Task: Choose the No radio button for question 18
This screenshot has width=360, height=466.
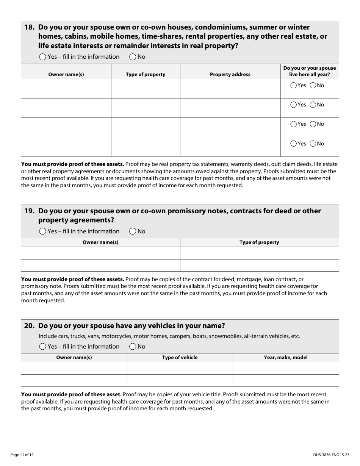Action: click(x=133, y=57)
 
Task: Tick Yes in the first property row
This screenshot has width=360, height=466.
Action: click(x=293, y=86)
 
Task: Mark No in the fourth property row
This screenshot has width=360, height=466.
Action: click(x=313, y=144)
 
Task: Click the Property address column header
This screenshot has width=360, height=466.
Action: click(x=230, y=75)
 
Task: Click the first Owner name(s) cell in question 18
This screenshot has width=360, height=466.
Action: click(x=66, y=89)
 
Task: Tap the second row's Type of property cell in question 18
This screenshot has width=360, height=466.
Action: click(x=146, y=108)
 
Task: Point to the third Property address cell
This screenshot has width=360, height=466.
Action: click(x=230, y=127)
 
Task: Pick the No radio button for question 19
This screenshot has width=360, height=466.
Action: click(x=133, y=231)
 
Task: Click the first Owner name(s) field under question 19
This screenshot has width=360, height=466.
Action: click(x=100, y=253)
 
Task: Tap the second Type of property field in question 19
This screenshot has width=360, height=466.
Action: click(x=259, y=265)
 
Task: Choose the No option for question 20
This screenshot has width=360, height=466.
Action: click(x=133, y=347)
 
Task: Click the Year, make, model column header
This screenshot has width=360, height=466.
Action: click(x=286, y=358)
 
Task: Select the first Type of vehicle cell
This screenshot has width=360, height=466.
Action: click(x=180, y=368)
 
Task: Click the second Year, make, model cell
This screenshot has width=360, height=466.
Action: click(x=286, y=380)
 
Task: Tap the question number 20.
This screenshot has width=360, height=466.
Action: click(x=29, y=326)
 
